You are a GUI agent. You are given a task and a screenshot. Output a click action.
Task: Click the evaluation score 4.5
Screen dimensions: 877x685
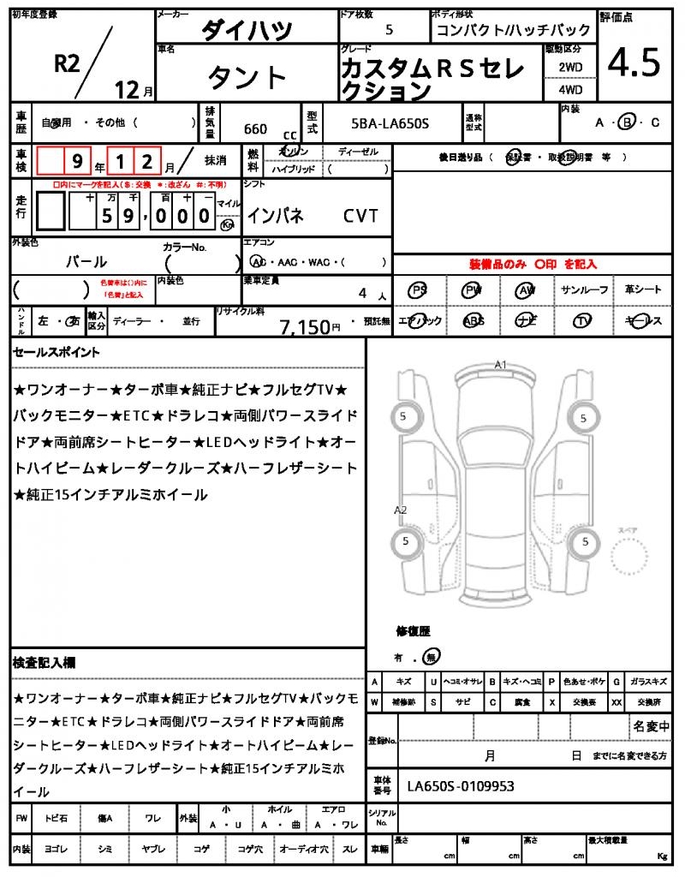[x=634, y=63]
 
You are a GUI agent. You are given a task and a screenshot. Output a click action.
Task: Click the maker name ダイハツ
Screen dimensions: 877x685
[x=247, y=30]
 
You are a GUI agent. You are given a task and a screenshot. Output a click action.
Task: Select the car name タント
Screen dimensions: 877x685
[x=247, y=77]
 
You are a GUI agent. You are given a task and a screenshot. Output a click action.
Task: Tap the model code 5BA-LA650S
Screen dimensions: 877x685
[x=390, y=125]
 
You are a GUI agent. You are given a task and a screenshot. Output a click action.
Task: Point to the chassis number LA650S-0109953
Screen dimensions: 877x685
[x=461, y=786]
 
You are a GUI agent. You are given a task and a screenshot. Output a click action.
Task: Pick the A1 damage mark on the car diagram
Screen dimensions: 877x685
[x=501, y=365]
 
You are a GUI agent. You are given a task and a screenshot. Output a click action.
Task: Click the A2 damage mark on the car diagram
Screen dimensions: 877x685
[x=400, y=510]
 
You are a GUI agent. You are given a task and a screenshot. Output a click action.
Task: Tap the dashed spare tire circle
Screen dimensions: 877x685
[x=631, y=559]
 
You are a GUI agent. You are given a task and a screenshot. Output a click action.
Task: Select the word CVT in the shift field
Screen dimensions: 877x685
[x=360, y=216]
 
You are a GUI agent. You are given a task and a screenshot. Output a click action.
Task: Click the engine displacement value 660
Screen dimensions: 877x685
[x=255, y=129]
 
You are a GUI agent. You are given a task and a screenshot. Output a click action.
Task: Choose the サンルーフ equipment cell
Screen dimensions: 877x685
[x=585, y=290]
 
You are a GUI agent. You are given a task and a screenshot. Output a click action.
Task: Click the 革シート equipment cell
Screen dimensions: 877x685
[x=643, y=290]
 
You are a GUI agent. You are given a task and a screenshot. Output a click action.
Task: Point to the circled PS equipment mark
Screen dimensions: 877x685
[x=419, y=290]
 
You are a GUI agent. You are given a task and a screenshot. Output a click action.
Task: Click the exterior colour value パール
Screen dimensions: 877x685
[x=86, y=261]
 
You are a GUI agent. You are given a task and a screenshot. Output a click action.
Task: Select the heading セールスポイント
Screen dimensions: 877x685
[x=57, y=352]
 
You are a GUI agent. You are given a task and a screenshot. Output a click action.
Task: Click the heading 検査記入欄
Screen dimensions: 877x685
[x=45, y=663]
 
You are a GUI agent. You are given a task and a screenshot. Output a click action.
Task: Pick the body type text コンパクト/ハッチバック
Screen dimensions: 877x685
[x=485, y=30]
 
